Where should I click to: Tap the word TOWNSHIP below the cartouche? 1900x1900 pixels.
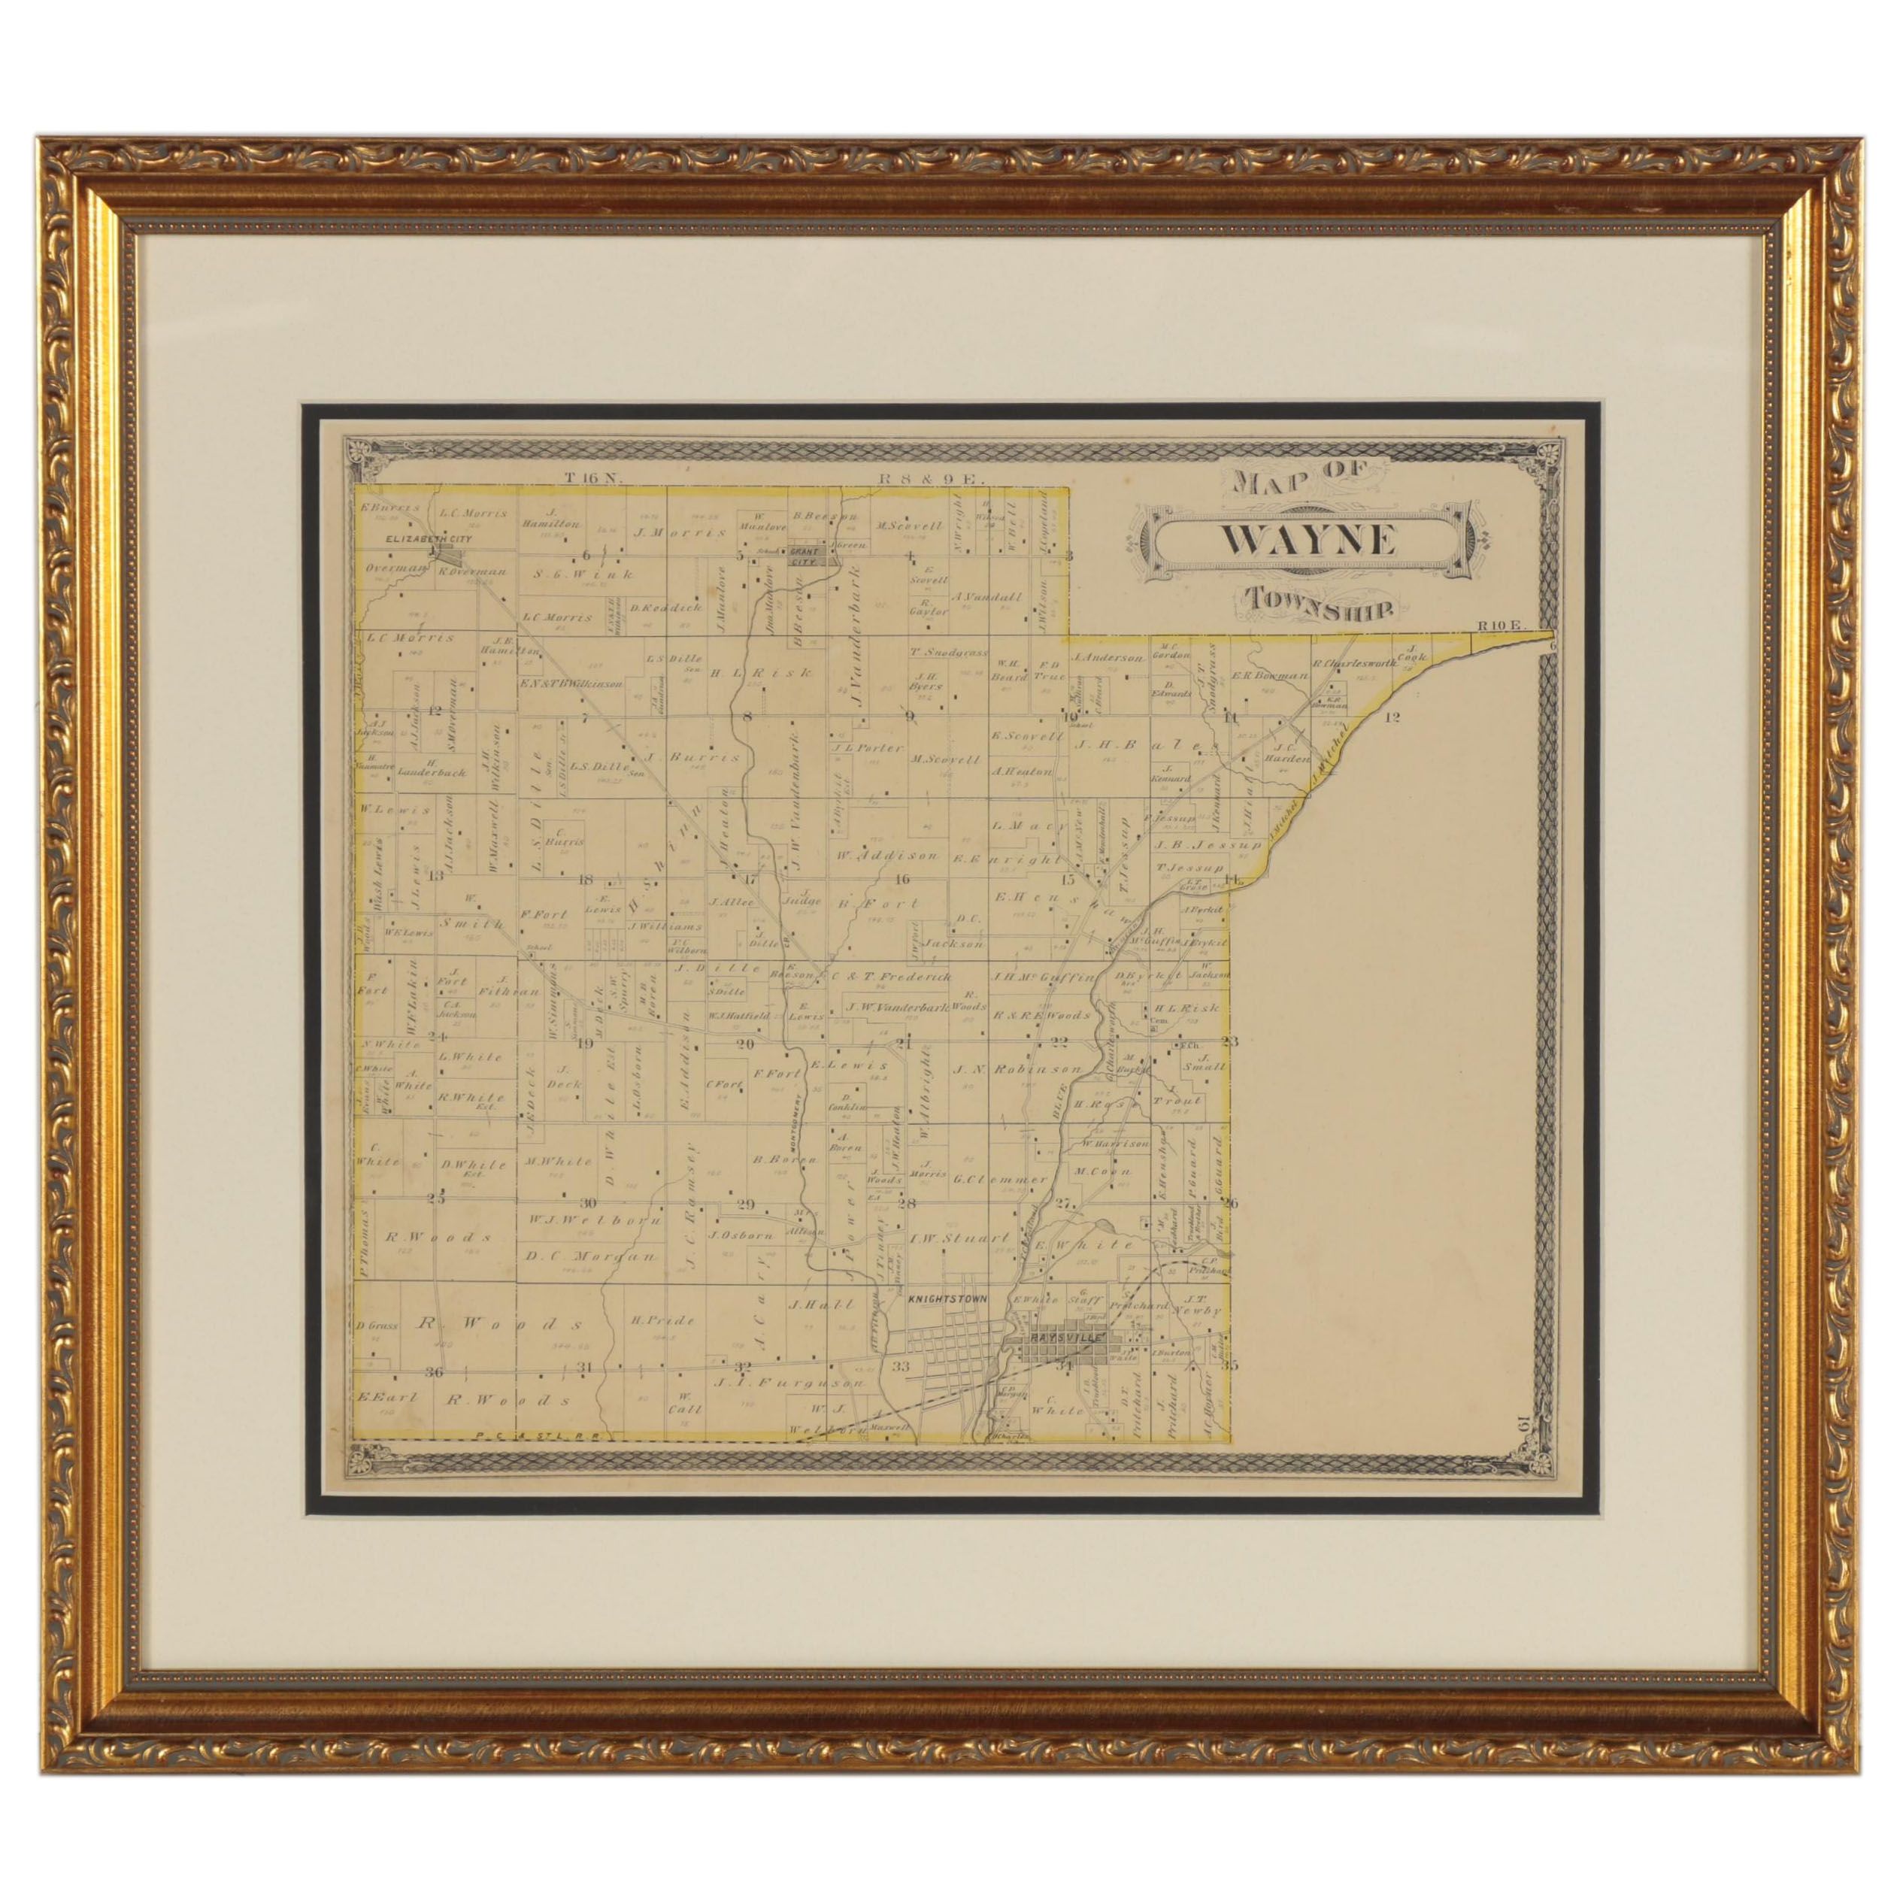click(x=1316, y=604)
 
